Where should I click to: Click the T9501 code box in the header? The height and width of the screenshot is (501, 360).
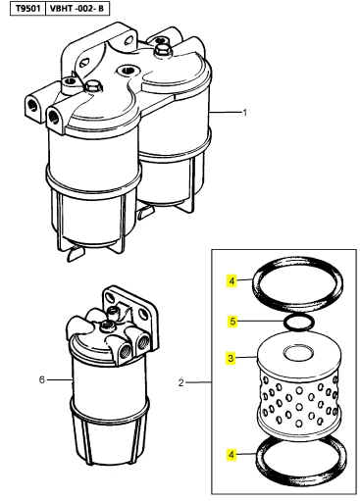pos(28,8)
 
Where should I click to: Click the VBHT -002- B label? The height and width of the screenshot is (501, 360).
pos(77,8)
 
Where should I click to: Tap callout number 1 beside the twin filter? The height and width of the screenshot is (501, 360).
pos(244,113)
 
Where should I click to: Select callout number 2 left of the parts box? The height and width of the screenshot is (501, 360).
pos(181,382)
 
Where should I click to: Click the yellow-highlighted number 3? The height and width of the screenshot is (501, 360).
pos(231,358)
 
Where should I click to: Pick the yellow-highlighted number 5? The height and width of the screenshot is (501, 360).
pos(232,322)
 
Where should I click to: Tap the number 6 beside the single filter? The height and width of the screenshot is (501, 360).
pos(41,379)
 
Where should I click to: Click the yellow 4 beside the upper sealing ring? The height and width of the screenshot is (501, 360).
pos(231,280)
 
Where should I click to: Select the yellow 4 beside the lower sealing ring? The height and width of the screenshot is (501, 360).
pos(231,454)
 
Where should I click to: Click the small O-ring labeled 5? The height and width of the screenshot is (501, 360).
pos(298,328)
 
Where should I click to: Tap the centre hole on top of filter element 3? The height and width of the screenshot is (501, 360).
pos(297,353)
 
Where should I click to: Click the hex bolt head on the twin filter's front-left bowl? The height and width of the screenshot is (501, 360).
pos(94,87)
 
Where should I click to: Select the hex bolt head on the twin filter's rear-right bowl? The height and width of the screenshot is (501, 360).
pos(162,50)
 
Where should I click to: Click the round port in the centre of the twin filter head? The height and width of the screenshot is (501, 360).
pos(126,70)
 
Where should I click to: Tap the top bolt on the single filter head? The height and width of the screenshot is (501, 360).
pos(107,325)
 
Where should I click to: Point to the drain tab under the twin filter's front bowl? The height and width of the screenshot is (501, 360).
pos(75,253)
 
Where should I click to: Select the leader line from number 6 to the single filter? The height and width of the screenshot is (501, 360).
pos(60,379)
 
